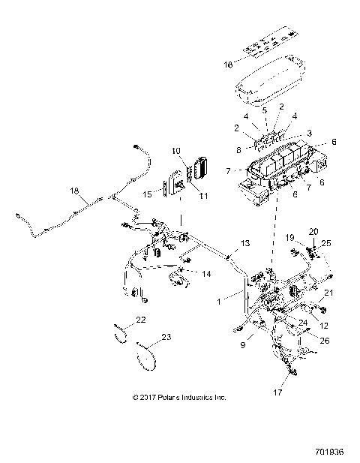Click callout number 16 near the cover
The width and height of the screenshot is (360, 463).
(228, 65)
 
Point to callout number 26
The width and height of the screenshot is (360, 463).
(324, 339)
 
